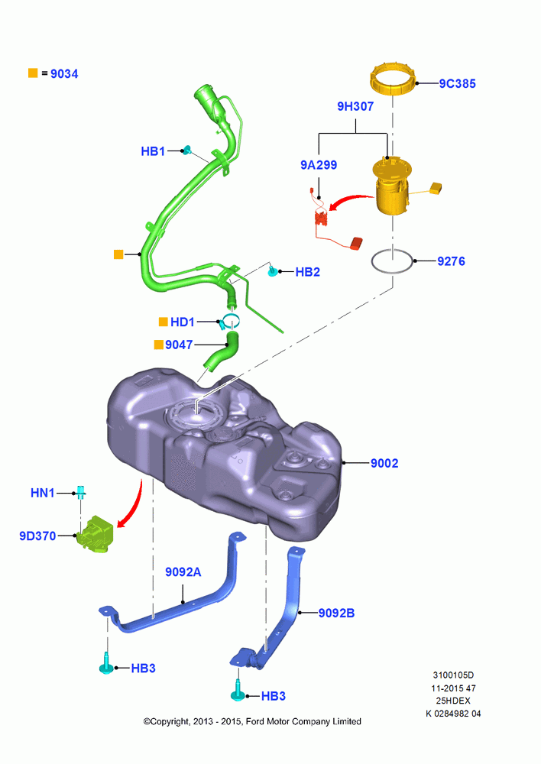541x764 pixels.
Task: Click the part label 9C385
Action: (x=457, y=83)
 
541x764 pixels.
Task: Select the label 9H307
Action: (x=355, y=106)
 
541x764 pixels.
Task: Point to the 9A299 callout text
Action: (x=319, y=165)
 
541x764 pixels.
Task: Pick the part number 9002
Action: (x=384, y=463)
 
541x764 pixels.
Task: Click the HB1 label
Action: (x=153, y=151)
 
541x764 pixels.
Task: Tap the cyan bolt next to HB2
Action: (x=274, y=271)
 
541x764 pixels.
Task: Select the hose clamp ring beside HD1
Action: (x=229, y=322)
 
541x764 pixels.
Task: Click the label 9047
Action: (x=179, y=345)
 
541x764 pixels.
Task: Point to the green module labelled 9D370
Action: (x=96, y=536)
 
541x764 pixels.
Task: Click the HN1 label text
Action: (x=43, y=493)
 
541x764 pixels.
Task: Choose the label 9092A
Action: (x=183, y=571)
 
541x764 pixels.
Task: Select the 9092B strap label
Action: (x=337, y=613)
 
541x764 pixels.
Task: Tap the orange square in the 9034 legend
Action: (x=33, y=73)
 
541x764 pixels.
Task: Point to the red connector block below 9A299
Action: (x=357, y=243)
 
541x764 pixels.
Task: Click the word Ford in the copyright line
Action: (x=255, y=721)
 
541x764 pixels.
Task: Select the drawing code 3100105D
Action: (x=453, y=675)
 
